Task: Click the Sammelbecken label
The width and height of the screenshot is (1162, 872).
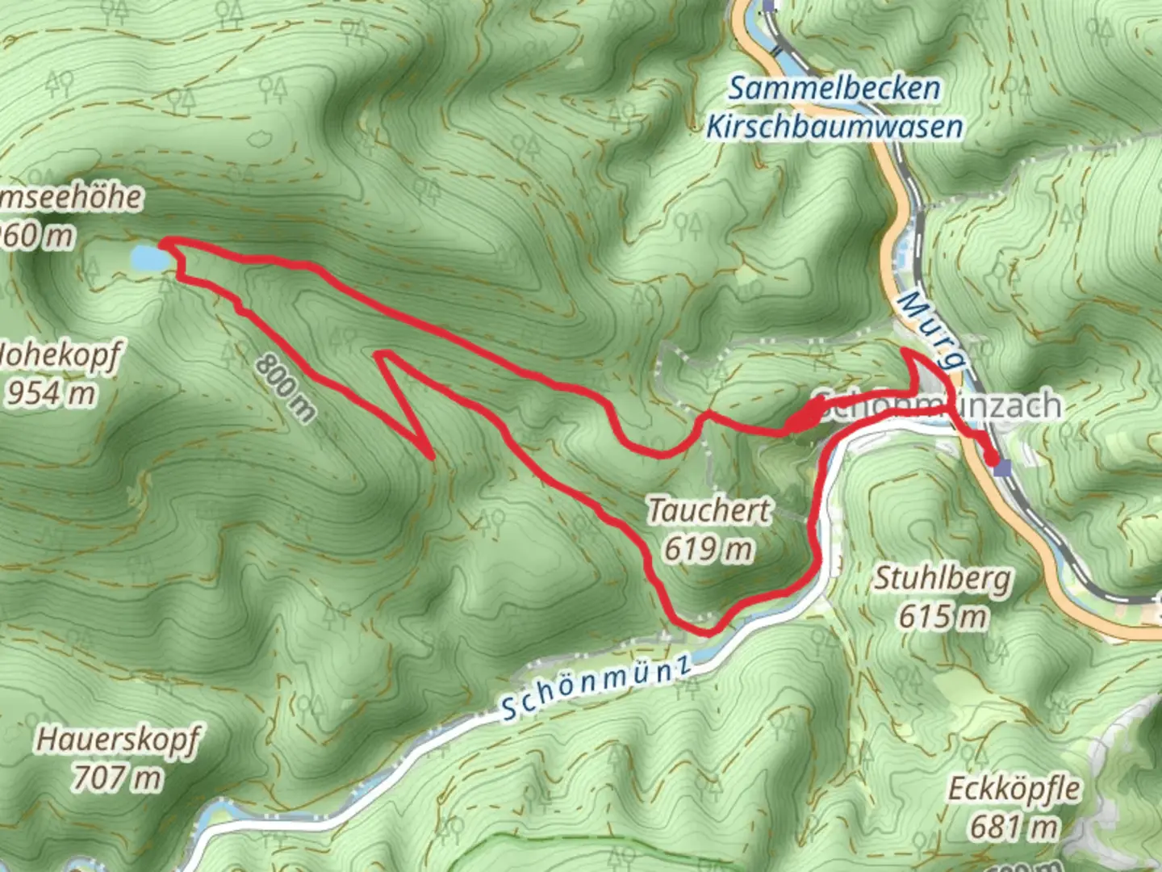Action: (x=834, y=88)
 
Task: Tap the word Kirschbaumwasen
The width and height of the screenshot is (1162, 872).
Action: (x=834, y=127)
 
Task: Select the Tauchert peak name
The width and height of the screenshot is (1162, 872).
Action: (x=709, y=510)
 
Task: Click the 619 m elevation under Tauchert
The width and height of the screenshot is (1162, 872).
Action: (x=708, y=549)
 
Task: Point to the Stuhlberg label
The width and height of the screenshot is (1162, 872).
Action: (x=943, y=578)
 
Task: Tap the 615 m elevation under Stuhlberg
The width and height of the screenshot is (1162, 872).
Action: (x=943, y=617)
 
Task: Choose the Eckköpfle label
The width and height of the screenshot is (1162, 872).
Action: (x=1014, y=788)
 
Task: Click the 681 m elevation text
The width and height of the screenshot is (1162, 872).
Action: (x=1014, y=827)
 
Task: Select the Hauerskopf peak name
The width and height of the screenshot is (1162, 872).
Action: (x=118, y=740)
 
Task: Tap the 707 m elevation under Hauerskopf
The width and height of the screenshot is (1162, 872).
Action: (x=118, y=778)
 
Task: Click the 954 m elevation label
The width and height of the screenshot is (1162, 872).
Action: (x=50, y=393)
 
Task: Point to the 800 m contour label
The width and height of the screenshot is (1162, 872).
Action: (x=286, y=388)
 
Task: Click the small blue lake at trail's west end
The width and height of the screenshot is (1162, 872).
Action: (x=150, y=258)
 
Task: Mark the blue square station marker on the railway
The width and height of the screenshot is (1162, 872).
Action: (x=1003, y=467)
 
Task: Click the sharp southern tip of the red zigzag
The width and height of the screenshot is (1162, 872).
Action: (x=432, y=456)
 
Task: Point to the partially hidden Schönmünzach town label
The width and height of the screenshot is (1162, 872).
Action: (x=936, y=405)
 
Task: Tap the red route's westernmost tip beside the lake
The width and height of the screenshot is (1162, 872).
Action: (x=164, y=241)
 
